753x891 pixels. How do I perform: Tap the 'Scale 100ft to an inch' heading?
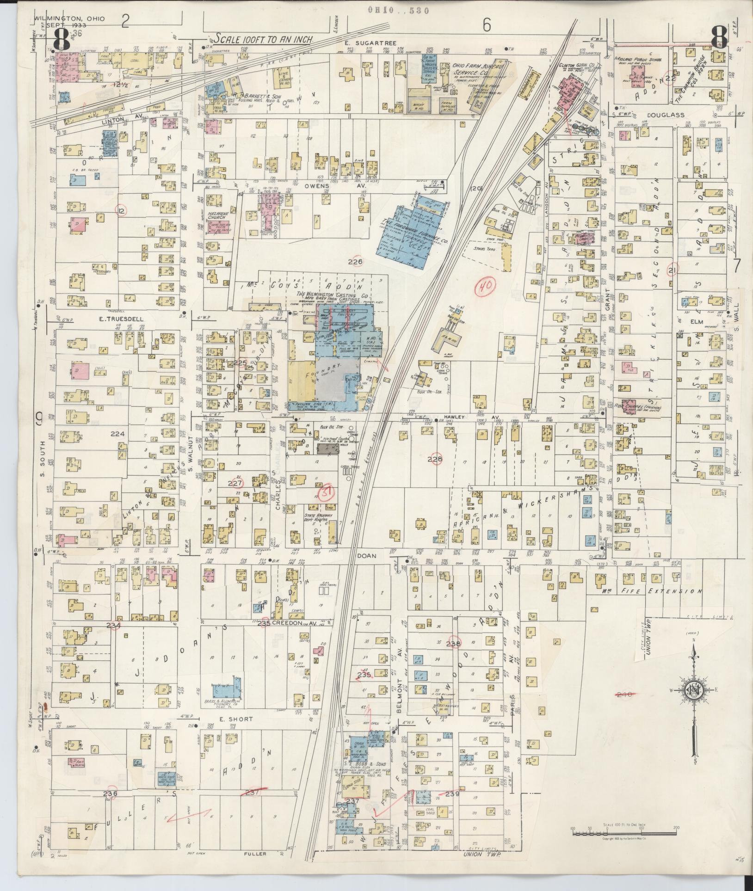point(263,39)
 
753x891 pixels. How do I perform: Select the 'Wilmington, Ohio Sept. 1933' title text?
point(69,22)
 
